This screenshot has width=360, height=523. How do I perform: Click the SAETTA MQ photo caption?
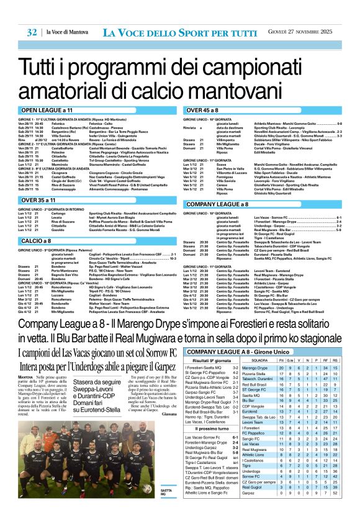click(x=166, y=492)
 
